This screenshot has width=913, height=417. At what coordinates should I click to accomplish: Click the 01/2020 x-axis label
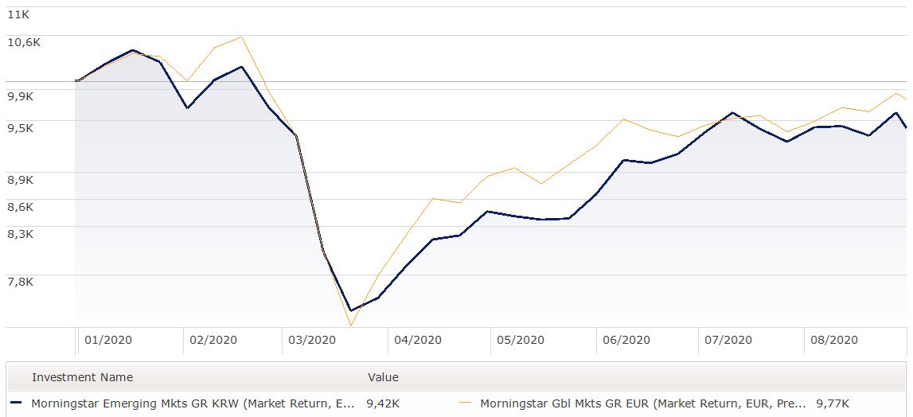point(107,340)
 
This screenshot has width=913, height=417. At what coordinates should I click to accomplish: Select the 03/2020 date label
point(312,340)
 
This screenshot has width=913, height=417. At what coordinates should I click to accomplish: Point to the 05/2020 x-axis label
point(521,340)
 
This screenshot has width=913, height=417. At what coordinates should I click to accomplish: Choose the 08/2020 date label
point(833,340)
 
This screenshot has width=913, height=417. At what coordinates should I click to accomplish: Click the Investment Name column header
point(82,377)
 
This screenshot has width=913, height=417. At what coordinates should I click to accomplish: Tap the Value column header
point(383,377)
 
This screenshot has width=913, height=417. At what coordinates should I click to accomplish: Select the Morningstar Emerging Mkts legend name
point(193,403)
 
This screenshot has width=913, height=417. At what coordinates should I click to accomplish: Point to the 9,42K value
point(383,403)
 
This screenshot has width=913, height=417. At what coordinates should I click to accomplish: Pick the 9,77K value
point(833,403)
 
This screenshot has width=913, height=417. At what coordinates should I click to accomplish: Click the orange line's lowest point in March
point(349,325)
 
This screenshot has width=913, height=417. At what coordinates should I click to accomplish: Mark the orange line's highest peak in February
point(241,37)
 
